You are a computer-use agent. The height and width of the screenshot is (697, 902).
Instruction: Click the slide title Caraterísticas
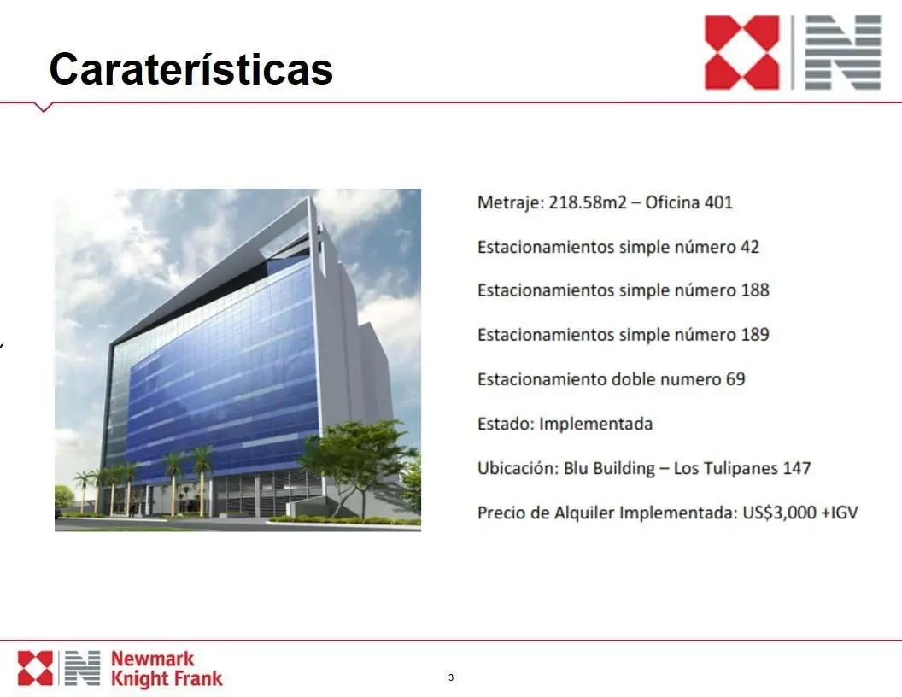pyautogui.click(x=191, y=68)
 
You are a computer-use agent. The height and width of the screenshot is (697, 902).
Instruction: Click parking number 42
pyautogui.click(x=750, y=248)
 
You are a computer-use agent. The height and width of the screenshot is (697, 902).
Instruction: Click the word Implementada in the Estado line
pyautogui.click(x=596, y=425)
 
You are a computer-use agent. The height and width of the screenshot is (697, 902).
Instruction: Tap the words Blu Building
pyautogui.click(x=609, y=469)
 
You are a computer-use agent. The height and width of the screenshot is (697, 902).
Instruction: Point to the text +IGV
pyautogui.click(x=840, y=512)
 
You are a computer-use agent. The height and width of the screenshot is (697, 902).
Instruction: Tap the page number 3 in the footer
pyautogui.click(x=451, y=676)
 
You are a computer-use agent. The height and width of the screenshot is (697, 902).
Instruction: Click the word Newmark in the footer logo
pyautogui.click(x=152, y=659)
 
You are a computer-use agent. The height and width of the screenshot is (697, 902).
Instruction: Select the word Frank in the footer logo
pyautogui.click(x=198, y=678)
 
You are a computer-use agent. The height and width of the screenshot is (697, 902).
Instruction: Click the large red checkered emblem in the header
pyautogui.click(x=742, y=52)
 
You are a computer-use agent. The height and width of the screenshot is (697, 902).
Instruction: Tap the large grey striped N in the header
pyautogui.click(x=843, y=52)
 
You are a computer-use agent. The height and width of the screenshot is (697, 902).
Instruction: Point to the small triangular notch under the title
pyautogui.click(x=44, y=107)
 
